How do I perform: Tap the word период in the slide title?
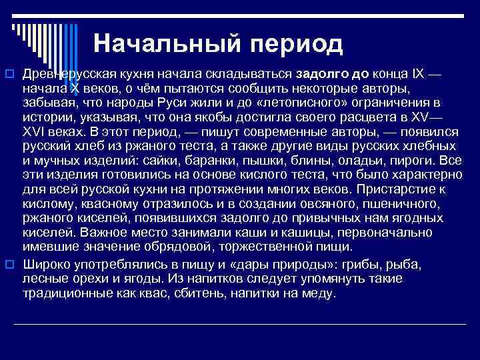(296, 44)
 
